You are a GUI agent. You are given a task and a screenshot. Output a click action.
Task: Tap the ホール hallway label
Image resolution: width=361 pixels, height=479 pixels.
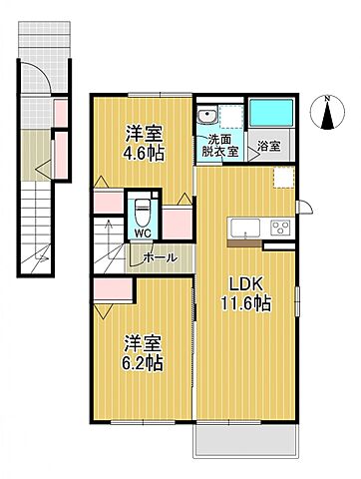(161, 257)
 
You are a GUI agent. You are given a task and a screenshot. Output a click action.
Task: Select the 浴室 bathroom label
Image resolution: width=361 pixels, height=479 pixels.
(268, 148)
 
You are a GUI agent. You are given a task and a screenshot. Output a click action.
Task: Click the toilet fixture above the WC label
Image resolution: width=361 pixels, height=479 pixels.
(143, 212)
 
